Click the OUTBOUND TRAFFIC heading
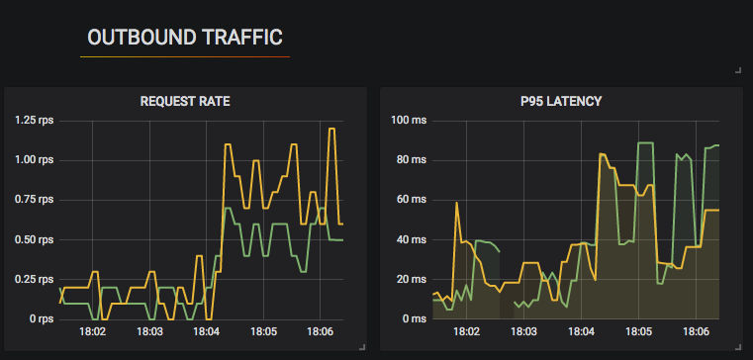185,38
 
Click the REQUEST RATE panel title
185,101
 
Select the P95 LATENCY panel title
561,101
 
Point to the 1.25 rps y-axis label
35,120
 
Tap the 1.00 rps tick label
35,159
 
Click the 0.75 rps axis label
35,200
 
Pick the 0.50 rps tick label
35,239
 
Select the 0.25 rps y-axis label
35,279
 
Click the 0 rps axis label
41,318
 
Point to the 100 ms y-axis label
407,120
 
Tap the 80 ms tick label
410,159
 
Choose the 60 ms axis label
410,200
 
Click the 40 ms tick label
410,239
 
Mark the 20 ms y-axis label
410,279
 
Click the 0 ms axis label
413,318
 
